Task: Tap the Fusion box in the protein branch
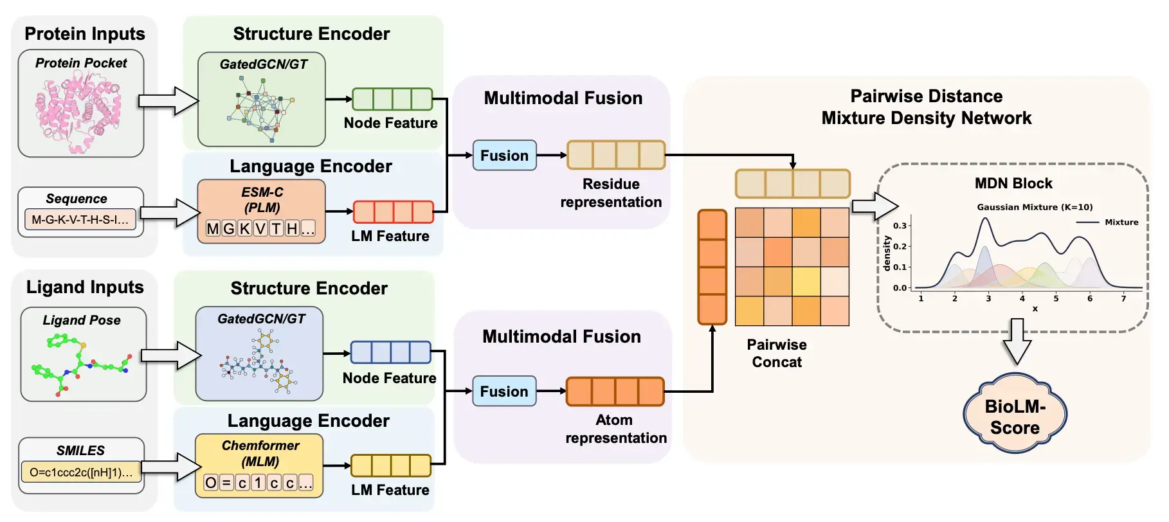click(504, 156)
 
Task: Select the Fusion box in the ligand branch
click(504, 392)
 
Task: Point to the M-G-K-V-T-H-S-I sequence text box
click(80, 220)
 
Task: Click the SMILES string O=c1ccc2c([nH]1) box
click(81, 473)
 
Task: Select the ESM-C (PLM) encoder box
click(261, 212)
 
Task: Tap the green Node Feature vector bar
click(392, 100)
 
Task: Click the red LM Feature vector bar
click(394, 212)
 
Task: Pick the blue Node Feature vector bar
click(390, 353)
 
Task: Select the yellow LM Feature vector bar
click(390, 465)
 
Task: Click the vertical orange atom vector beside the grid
click(712, 267)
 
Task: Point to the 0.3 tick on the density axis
click(900, 226)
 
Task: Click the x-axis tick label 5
click(1056, 299)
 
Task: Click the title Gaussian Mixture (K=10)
click(1035, 207)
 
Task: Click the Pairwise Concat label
click(777, 354)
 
